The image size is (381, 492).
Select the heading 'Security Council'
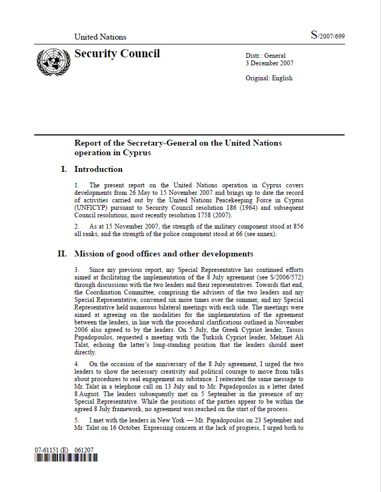click(x=117, y=54)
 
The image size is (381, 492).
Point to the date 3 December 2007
click(x=269, y=63)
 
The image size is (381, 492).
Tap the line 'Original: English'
click(x=269, y=78)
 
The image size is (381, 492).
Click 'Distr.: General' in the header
click(x=265, y=56)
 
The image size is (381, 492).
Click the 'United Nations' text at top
click(x=100, y=37)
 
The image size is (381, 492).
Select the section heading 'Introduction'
click(x=98, y=169)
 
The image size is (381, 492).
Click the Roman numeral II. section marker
click(x=62, y=254)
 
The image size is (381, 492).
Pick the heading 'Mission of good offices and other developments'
click(x=163, y=254)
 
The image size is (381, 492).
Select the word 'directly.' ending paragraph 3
click(x=85, y=353)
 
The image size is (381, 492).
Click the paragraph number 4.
click(x=77, y=365)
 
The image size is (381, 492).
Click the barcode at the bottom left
click(x=66, y=459)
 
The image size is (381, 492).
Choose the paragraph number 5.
click(x=77, y=420)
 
